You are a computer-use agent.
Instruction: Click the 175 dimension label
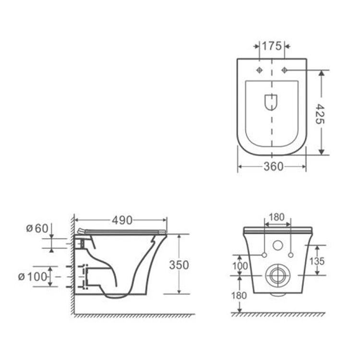click(272, 46)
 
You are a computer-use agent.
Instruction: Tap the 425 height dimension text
click(320, 114)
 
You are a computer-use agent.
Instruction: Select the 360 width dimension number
click(274, 167)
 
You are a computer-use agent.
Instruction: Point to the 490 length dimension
click(122, 220)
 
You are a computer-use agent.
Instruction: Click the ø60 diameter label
click(37, 228)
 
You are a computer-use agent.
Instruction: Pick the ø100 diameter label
click(33, 276)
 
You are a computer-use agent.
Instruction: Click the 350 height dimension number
click(179, 265)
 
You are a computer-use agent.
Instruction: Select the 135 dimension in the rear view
click(317, 261)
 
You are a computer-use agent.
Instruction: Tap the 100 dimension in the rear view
click(240, 266)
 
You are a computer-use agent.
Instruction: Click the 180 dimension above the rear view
click(276, 217)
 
